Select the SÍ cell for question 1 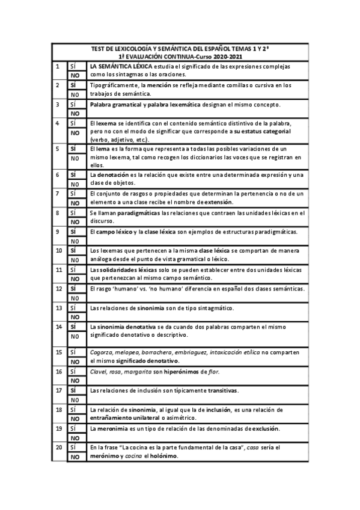(x=76, y=66)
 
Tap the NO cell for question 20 (x=76, y=457)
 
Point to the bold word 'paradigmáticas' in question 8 (x=143, y=212)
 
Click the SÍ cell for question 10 (x=76, y=250)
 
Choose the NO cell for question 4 (x=76, y=133)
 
